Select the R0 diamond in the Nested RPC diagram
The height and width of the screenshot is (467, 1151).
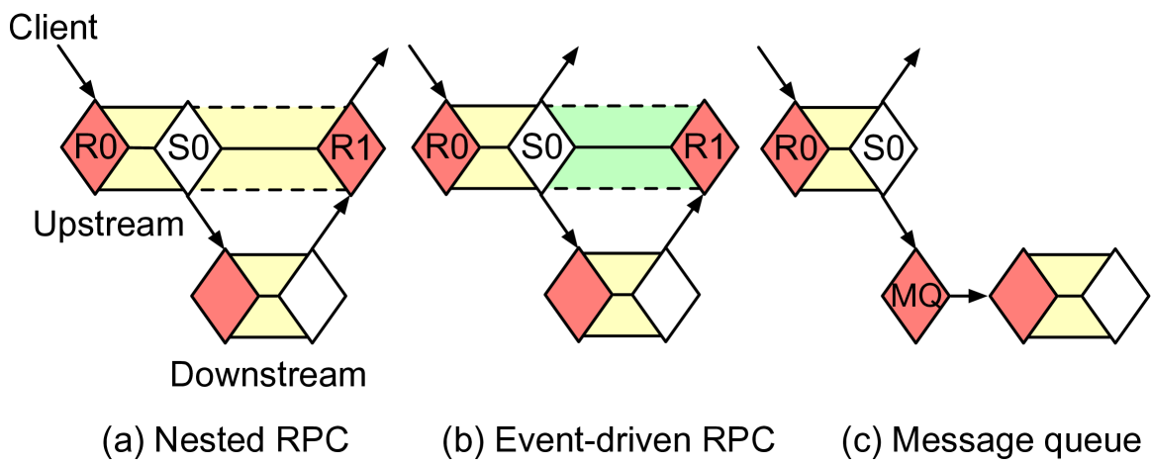(95, 148)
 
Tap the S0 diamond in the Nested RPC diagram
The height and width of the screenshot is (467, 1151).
(185, 148)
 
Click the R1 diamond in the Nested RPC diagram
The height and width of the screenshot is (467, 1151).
(349, 148)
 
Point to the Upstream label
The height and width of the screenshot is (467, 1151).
(108, 225)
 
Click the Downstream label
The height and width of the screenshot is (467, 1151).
(268, 375)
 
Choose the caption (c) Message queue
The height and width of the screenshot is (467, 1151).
(990, 438)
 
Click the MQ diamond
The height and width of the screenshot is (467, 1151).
(915, 295)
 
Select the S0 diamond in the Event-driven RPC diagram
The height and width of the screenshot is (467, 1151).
(540, 148)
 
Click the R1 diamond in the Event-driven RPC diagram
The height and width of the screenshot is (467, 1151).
(704, 148)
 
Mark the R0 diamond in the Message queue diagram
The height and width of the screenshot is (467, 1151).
(795, 148)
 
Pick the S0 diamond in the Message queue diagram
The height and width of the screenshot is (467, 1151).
(885, 148)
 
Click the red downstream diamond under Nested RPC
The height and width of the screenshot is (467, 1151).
(226, 294)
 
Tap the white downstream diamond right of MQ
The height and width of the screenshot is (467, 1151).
(1113, 295)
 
